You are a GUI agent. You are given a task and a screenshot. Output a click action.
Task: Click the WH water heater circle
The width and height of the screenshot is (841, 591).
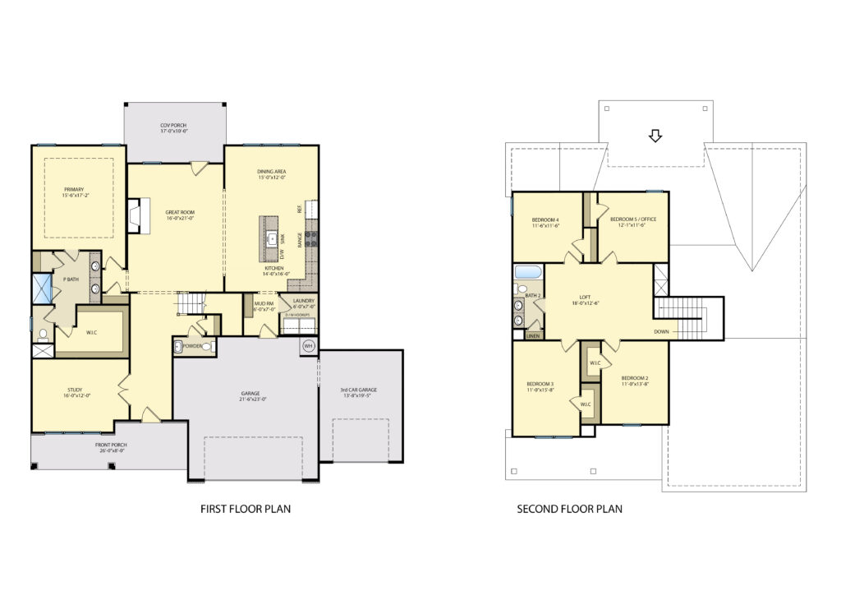(x=309, y=345)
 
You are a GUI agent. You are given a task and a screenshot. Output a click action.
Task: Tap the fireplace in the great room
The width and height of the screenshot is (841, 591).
(x=136, y=215)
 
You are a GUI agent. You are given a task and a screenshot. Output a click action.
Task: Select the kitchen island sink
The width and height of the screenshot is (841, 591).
(x=270, y=239)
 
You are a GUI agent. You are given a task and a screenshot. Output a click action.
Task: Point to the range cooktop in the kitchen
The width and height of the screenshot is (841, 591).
(x=312, y=239)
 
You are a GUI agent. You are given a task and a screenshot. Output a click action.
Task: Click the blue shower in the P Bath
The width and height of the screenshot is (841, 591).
(x=41, y=289)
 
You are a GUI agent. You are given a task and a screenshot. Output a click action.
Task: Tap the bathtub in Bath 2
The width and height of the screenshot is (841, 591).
(x=526, y=272)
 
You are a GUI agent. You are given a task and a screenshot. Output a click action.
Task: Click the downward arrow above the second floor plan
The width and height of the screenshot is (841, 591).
(x=655, y=136)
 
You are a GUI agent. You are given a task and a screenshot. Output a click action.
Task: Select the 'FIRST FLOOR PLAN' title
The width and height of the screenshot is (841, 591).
(x=246, y=509)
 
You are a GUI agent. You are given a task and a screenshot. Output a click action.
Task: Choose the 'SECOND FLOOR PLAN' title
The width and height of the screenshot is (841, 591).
(x=569, y=509)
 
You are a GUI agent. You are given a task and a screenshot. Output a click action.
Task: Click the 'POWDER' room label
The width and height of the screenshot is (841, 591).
(x=193, y=346)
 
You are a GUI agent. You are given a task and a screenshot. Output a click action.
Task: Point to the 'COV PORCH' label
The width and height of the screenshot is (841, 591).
(x=174, y=127)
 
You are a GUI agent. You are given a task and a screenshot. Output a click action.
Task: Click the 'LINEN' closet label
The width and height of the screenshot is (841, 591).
(x=533, y=336)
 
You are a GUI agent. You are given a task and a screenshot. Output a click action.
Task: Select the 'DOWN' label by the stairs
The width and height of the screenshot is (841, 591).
(x=661, y=333)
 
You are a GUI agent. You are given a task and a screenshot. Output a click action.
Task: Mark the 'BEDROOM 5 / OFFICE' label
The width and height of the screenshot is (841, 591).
(x=632, y=219)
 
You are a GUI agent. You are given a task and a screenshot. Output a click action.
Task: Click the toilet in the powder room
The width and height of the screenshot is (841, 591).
(x=208, y=347)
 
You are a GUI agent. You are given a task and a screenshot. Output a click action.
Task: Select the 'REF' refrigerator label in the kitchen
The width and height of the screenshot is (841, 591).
(x=311, y=209)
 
